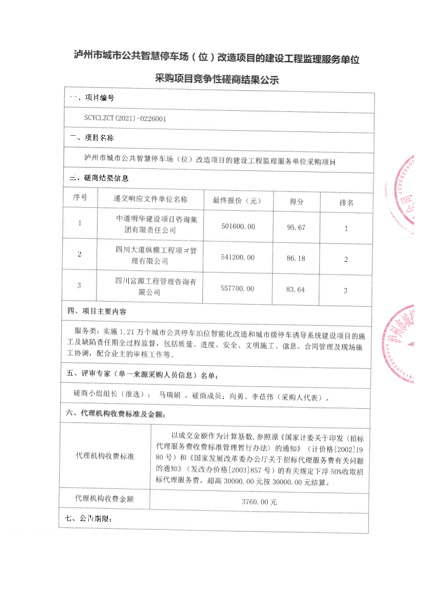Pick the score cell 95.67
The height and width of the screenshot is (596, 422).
pyautogui.click(x=296, y=227)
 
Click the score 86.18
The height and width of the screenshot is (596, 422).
pyautogui.click(x=296, y=258)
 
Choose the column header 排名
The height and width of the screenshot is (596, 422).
pyautogui.click(x=346, y=202)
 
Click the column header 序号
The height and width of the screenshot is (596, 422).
pyautogui.click(x=80, y=197)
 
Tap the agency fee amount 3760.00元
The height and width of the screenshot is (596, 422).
pyautogui.click(x=259, y=502)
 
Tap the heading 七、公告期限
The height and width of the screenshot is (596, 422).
pyautogui.click(x=89, y=519)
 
